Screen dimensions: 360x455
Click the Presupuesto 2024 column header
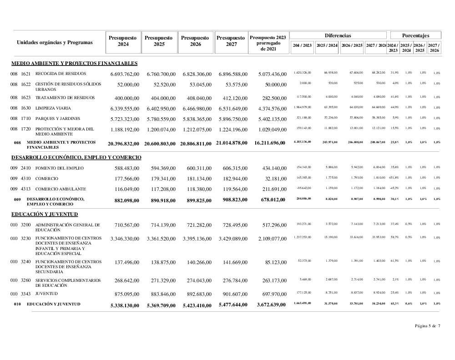click(123, 41)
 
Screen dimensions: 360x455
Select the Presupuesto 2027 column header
click(231, 41)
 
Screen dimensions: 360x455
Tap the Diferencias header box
click(338, 35)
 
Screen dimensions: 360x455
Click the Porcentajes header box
click(415, 35)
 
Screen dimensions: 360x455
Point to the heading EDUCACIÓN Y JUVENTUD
click(45, 214)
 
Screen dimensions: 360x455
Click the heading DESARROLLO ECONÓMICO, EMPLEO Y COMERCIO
click(76, 157)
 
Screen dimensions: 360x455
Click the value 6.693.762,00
click(125, 74)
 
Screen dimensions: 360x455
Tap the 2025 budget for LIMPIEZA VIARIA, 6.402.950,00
click(161, 109)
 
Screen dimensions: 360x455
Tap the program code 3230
click(25, 237)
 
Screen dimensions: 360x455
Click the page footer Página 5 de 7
click(427, 325)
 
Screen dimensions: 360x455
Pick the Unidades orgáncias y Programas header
click(55, 43)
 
